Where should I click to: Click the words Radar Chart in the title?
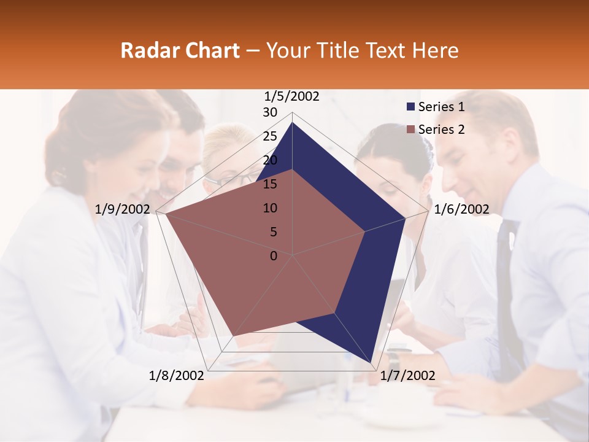(180, 50)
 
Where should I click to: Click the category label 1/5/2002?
(292, 96)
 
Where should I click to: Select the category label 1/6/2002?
(461, 209)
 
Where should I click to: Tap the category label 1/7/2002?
(408, 376)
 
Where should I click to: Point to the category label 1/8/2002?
(176, 376)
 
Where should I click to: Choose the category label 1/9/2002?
(123, 209)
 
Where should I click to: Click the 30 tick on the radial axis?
(270, 112)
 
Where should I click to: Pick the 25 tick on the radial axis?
(270, 136)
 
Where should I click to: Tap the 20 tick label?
(270, 160)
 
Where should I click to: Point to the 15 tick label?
(270, 184)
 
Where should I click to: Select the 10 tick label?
(270, 208)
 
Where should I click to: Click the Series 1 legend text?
(441, 107)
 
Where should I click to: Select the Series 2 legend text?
(441, 130)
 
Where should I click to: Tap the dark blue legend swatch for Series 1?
(410, 107)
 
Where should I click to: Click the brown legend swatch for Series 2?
(410, 130)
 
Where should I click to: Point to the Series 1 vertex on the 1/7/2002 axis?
(371, 363)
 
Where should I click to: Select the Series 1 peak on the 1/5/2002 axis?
(293, 122)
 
